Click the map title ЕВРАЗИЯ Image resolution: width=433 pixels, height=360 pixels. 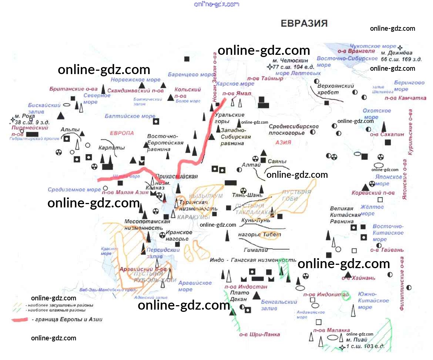click(x=304, y=23)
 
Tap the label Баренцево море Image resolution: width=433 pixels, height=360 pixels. click(x=191, y=74)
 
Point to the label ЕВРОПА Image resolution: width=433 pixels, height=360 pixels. click(x=122, y=133)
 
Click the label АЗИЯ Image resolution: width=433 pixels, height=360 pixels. click(x=283, y=142)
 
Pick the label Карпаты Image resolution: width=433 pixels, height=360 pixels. click(x=107, y=147)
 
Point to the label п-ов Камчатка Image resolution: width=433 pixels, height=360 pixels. click(x=406, y=98)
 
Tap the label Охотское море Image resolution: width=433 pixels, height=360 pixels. click(x=377, y=114)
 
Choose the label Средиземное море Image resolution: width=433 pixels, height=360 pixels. click(x=74, y=190)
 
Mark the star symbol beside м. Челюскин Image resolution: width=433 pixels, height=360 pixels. click(x=269, y=67)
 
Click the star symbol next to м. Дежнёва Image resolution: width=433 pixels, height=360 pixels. click(x=400, y=47)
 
